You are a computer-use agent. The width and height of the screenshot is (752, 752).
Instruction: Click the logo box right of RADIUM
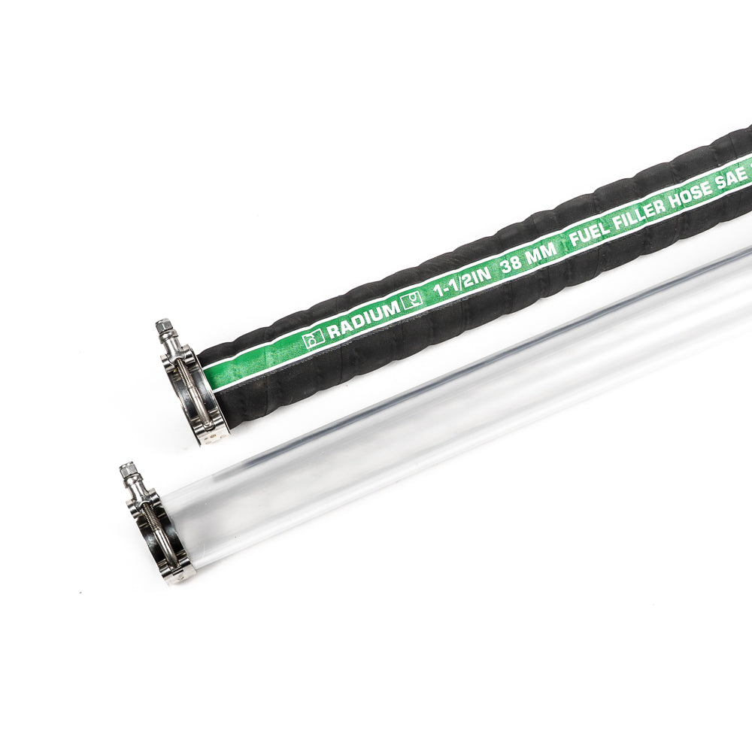pyautogui.click(x=412, y=302)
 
